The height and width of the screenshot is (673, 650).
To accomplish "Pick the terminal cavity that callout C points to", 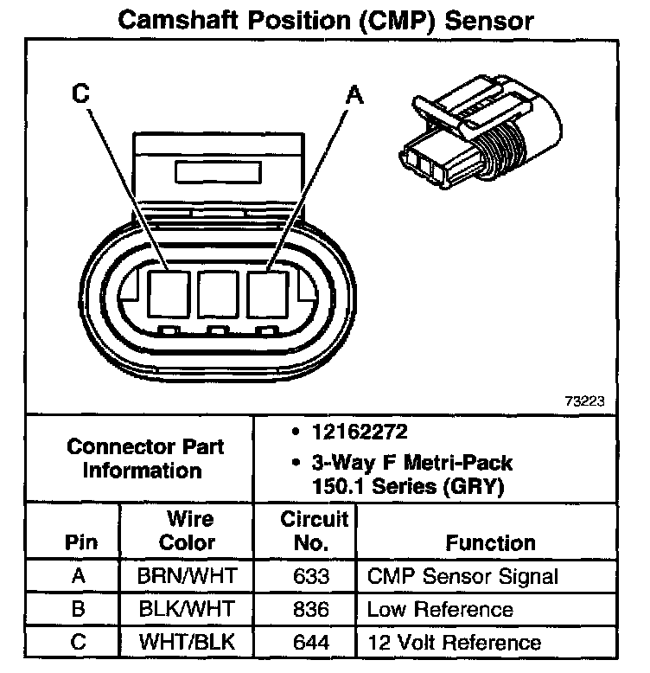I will (167, 293).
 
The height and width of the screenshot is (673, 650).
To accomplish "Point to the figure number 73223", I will (584, 401).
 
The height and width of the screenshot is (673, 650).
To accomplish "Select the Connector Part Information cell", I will (145, 458).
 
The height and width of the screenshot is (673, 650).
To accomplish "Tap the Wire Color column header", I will (188, 531).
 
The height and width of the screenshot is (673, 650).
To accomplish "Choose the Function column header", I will (490, 543).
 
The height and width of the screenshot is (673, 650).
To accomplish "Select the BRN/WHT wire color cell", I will (188, 576).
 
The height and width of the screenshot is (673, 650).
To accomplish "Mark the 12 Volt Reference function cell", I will (454, 643).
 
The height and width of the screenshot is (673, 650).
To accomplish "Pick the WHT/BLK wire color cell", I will (188, 643).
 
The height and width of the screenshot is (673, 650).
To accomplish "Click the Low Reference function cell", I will (441, 610).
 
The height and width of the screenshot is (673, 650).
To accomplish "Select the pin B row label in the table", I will (79, 610).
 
